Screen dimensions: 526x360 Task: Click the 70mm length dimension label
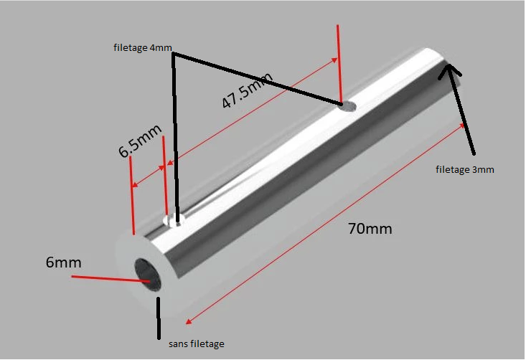coord(370,229)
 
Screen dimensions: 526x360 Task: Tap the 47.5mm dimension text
coord(248,90)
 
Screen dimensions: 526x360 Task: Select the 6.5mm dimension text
coord(140,141)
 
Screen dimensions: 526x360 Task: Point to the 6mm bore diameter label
coord(63,262)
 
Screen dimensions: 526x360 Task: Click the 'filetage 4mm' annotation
coord(143,47)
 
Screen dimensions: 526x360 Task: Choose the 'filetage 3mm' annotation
coord(465,170)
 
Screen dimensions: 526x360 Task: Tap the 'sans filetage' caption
coord(197,344)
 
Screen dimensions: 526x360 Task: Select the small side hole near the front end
coord(174,221)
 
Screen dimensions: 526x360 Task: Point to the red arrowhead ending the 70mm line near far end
coord(462,125)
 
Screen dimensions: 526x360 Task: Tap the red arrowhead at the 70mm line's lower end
coord(189,321)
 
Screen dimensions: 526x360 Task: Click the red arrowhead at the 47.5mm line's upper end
coord(334,60)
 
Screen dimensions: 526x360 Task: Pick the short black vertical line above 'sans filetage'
coord(159,318)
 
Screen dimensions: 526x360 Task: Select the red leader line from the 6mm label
coord(111,279)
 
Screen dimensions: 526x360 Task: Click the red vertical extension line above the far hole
coord(339,64)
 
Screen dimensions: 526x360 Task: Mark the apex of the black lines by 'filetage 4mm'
coord(173,54)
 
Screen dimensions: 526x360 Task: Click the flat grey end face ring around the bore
coord(125,255)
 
